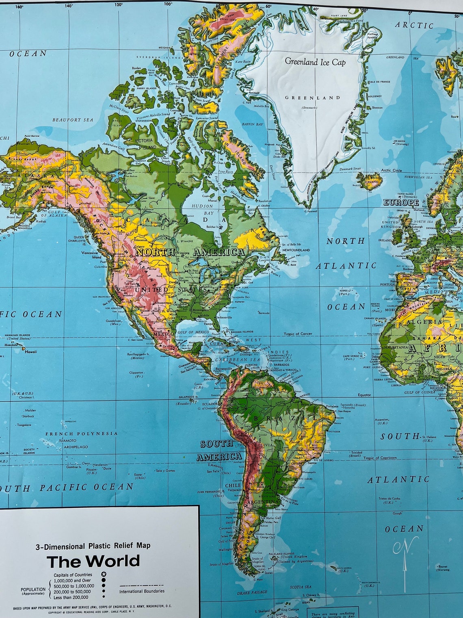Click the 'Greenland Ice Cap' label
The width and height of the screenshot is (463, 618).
(315, 62)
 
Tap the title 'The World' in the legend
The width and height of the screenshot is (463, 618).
(93, 561)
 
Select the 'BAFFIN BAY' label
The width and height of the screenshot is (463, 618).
(253, 124)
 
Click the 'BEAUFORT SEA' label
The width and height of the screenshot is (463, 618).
(73, 120)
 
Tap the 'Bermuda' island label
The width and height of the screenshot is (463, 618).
(264, 313)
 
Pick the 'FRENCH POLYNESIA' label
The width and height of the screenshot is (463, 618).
(82, 434)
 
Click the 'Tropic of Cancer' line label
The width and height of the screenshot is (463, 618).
(298, 334)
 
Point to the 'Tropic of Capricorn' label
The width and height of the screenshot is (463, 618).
(380, 458)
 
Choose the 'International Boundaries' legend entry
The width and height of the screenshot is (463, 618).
(142, 591)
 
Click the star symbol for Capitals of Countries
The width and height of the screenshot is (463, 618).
(104, 574)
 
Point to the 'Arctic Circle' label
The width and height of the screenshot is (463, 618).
(392, 170)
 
